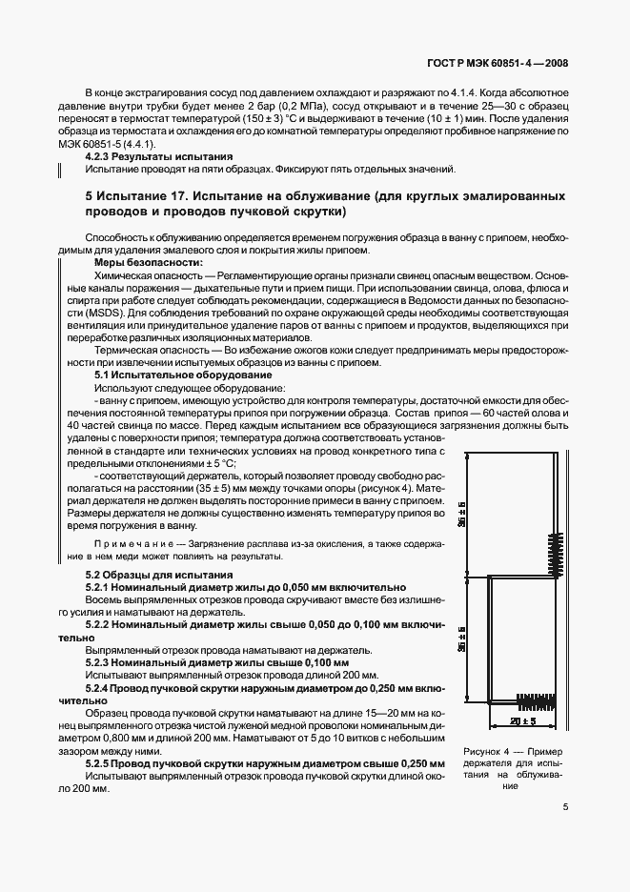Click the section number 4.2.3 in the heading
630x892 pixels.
tap(99, 155)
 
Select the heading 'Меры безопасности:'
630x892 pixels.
tap(148, 262)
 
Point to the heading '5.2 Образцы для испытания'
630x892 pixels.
tap(159, 575)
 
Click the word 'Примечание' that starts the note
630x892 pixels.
tap(121, 543)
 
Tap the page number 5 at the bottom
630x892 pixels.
tap(565, 806)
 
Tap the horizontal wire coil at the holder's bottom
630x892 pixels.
tap(535, 702)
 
